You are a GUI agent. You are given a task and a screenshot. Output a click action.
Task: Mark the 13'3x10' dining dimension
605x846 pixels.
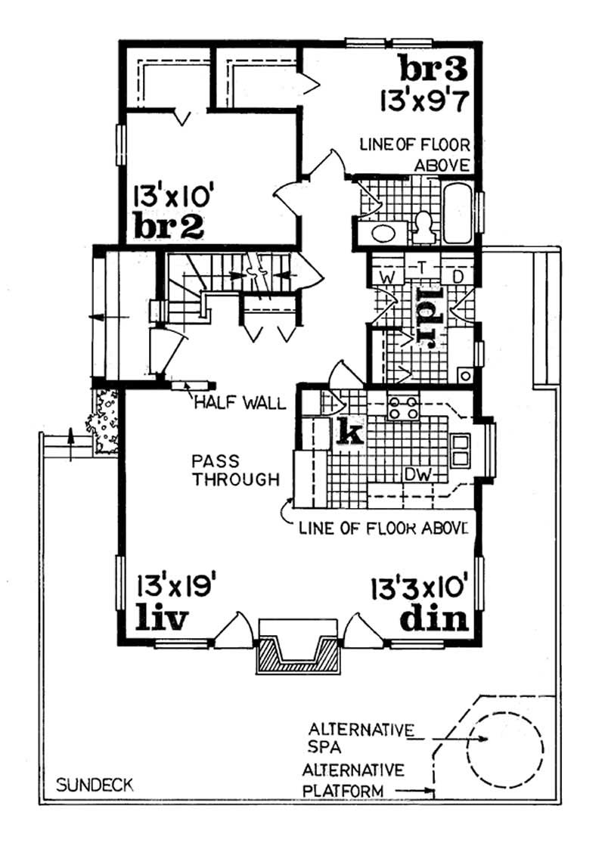point(421,586)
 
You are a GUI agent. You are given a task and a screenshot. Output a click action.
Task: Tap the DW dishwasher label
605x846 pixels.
point(417,474)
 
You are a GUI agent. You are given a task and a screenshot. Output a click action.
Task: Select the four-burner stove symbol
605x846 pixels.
point(403,408)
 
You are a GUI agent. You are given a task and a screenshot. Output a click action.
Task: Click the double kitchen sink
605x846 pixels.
point(460,449)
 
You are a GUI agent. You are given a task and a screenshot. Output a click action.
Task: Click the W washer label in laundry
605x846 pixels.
point(386,277)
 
